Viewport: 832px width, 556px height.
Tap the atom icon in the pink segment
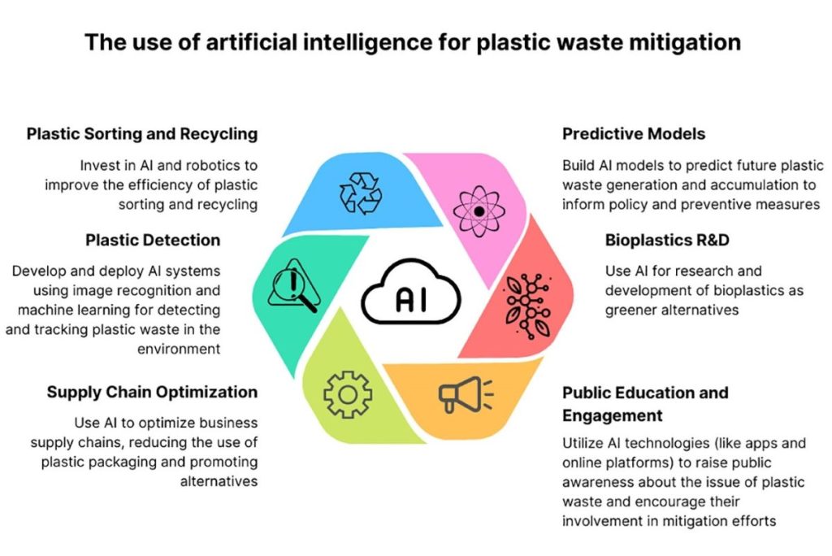coord(479,211)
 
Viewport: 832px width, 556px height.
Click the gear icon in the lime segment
coord(348,393)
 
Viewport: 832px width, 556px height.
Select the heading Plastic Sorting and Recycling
coord(142,133)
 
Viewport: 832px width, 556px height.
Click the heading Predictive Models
coord(634,133)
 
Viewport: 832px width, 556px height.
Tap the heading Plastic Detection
coord(153,240)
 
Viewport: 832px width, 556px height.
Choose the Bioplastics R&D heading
coord(667,240)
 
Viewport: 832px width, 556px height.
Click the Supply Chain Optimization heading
coord(152,392)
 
